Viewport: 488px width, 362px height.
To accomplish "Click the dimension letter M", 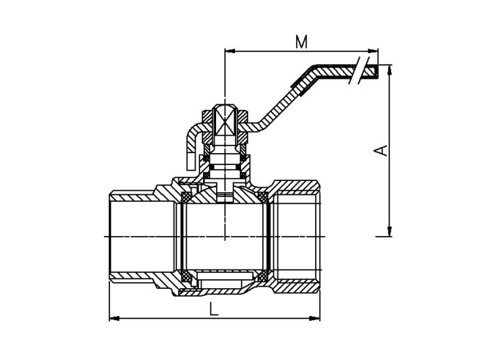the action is [x=301, y=42].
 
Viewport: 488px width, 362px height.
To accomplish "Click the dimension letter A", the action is [x=381, y=150].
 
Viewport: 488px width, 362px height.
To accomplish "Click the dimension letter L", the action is [x=214, y=309].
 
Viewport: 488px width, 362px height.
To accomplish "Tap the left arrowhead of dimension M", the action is [x=229, y=51].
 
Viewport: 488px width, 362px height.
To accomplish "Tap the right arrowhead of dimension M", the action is [x=373, y=51].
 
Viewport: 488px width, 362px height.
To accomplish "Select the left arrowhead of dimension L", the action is [x=114, y=318].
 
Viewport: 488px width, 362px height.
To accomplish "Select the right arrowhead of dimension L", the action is [x=314, y=318].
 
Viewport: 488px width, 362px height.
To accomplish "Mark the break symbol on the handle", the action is [x=360, y=70].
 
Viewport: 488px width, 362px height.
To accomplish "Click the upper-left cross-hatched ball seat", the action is [x=186, y=197].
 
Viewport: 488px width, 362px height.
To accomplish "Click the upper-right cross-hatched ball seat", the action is [x=264, y=197].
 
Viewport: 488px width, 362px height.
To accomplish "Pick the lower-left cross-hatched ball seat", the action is [x=186, y=275].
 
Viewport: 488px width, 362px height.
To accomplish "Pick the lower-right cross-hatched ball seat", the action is [x=264, y=275].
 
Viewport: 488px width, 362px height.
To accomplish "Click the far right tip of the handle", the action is [x=378, y=71].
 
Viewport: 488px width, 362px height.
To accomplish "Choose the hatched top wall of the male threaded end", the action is [x=132, y=196].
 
